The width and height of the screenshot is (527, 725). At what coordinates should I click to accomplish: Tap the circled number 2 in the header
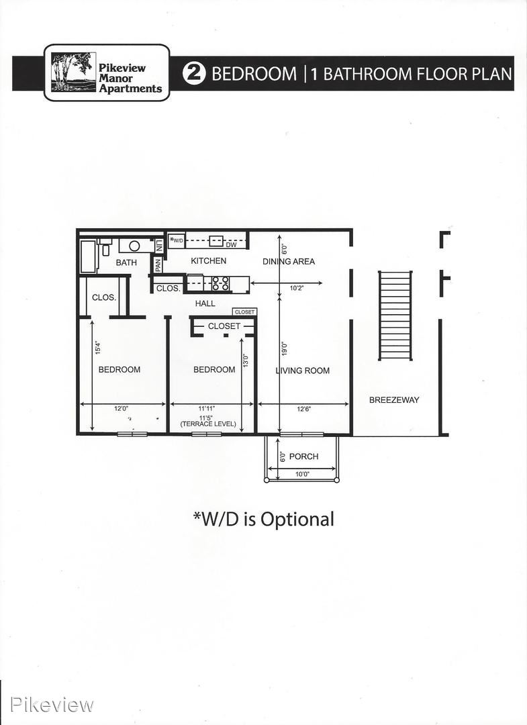(194, 74)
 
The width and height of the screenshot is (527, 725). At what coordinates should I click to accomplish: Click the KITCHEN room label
(209, 260)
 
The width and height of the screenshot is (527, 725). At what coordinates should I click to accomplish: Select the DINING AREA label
(289, 261)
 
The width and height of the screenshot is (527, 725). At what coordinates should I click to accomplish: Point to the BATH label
(126, 262)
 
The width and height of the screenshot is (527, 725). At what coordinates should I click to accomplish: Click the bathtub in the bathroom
(89, 256)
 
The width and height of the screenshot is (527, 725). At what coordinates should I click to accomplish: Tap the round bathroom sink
(134, 246)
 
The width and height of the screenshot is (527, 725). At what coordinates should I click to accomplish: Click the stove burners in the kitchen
(220, 283)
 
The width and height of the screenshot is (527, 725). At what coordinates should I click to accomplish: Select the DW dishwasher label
(231, 244)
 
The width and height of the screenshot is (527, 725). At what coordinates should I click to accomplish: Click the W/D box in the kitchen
(176, 240)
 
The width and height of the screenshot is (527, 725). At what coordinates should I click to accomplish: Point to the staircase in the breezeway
(395, 316)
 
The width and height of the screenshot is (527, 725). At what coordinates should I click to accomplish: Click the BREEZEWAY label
(394, 400)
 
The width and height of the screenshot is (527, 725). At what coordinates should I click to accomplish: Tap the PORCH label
(303, 456)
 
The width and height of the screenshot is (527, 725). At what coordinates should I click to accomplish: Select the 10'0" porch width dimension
(302, 474)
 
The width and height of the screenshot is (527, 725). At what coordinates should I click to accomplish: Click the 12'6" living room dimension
(303, 409)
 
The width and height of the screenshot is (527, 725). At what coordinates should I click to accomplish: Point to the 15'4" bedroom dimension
(97, 348)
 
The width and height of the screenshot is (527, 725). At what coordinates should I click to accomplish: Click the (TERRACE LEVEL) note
(208, 424)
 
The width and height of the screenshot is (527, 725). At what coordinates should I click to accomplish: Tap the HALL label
(205, 303)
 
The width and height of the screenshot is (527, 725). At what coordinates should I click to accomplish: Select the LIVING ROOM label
(302, 371)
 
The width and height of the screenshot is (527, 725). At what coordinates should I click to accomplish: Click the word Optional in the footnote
(297, 520)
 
